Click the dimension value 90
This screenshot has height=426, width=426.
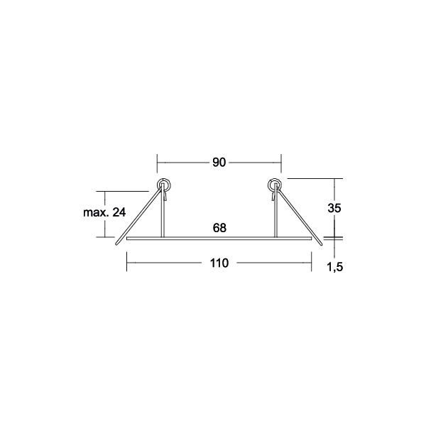[x=219, y=163]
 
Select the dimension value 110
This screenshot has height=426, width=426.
[x=219, y=263]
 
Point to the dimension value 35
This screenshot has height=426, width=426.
[x=334, y=208]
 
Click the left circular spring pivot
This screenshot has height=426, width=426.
[x=163, y=185]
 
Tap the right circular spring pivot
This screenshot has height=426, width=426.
[x=275, y=185]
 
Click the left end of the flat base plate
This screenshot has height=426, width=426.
[x=128, y=239]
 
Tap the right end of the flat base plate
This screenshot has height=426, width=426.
[x=310, y=239]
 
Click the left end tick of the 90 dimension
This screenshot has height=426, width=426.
[x=157, y=163]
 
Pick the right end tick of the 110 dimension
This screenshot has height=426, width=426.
[x=312, y=263]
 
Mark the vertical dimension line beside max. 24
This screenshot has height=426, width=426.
[x=106, y=214]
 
